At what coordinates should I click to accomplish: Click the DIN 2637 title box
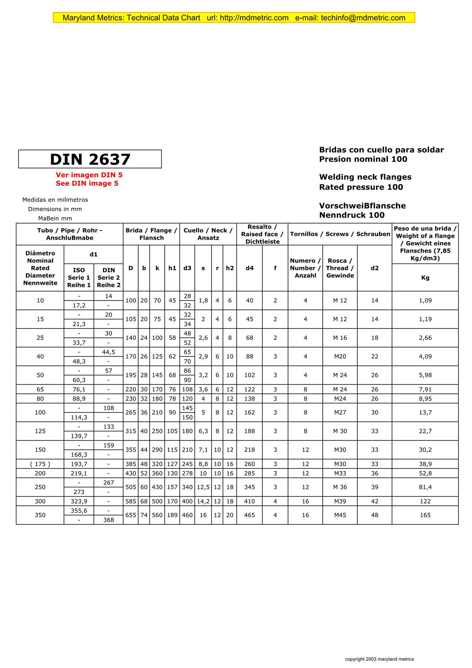click(x=90, y=159)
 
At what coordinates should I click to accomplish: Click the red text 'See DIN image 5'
click(x=87, y=183)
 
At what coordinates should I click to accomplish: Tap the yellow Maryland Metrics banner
click(x=234, y=18)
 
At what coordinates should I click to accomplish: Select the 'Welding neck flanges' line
click(x=365, y=177)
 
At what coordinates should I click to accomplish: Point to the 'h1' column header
click(x=172, y=268)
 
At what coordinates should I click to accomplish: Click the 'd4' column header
click(x=249, y=268)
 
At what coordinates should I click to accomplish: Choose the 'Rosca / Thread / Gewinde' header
click(x=340, y=268)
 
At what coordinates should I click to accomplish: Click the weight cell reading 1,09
click(x=425, y=301)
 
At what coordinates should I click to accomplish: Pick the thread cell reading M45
click(x=340, y=515)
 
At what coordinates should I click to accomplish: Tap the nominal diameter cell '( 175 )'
click(x=40, y=464)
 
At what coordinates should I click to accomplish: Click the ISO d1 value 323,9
click(x=79, y=502)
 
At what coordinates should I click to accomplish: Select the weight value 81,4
click(x=425, y=487)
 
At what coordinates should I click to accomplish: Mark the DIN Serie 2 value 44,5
click(x=109, y=352)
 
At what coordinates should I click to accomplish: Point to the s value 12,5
click(x=203, y=487)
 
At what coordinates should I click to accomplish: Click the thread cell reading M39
click(x=340, y=502)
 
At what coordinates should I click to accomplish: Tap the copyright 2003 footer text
click(x=379, y=659)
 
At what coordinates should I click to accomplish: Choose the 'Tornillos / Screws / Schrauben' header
click(x=340, y=234)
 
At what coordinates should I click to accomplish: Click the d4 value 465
click(x=249, y=515)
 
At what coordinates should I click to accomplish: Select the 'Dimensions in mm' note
click(x=55, y=209)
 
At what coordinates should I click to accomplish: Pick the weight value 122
click(x=425, y=502)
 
